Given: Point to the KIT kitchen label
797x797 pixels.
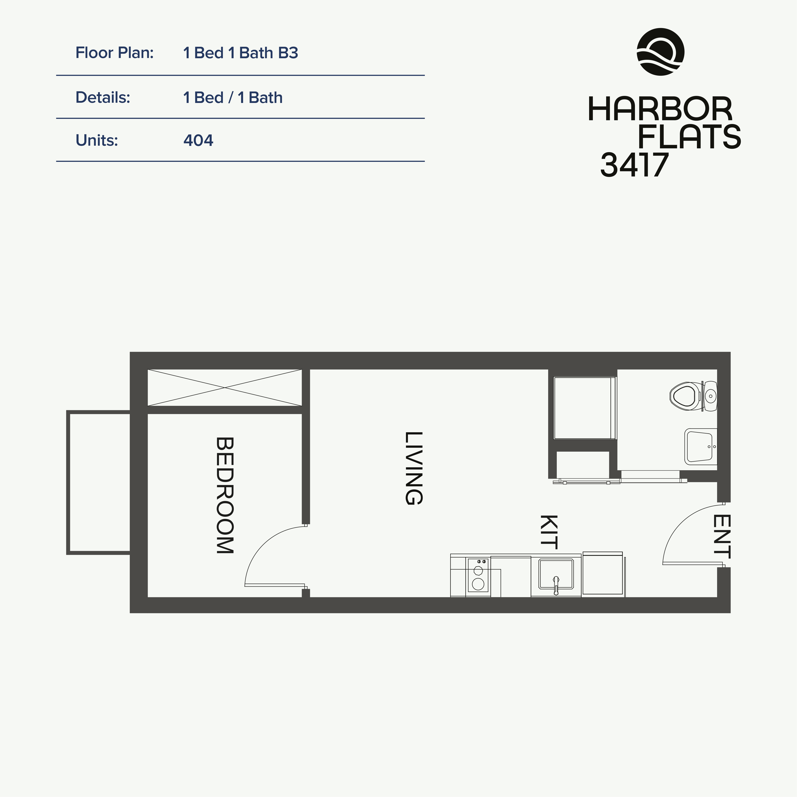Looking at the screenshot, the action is pyautogui.click(x=549, y=532).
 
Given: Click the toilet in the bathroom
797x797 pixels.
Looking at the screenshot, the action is pyautogui.click(x=693, y=396).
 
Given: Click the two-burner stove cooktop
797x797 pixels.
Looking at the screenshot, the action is pyautogui.click(x=478, y=575).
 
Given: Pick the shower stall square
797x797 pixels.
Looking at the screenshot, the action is pyautogui.click(x=584, y=408).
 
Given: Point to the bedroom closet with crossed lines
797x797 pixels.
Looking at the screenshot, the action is pyautogui.click(x=225, y=388).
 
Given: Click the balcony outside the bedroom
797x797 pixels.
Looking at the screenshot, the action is pyautogui.click(x=98, y=482).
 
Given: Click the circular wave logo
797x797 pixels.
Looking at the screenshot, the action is pyautogui.click(x=660, y=52).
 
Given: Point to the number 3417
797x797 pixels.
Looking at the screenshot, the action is pyautogui.click(x=634, y=164).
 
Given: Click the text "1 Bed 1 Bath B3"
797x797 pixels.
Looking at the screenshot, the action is pyautogui.click(x=240, y=53).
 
